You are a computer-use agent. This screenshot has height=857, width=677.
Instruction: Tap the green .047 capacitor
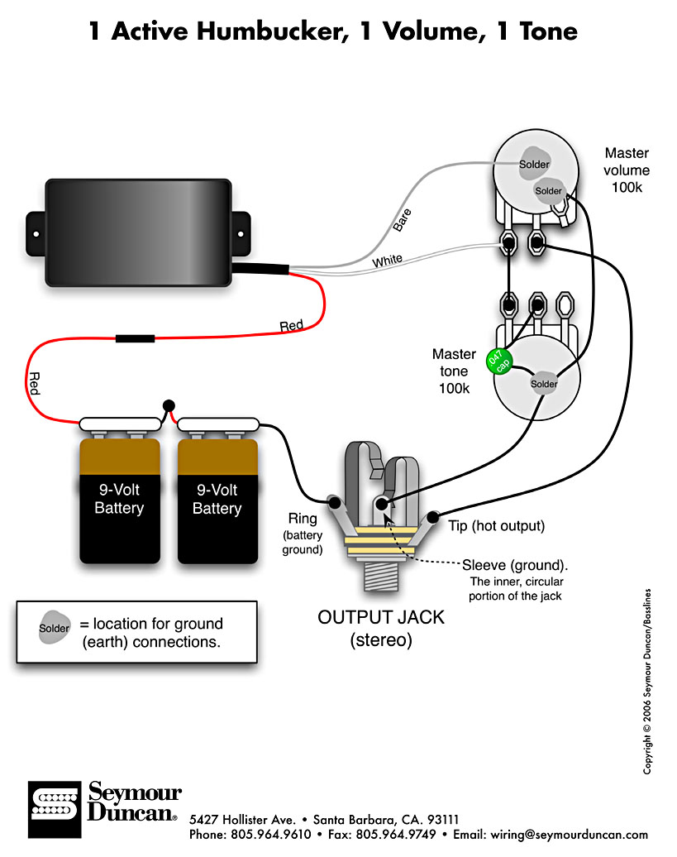[499, 361]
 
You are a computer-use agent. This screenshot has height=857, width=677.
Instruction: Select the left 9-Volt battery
[119, 499]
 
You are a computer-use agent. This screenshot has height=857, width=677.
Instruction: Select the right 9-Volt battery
[217, 499]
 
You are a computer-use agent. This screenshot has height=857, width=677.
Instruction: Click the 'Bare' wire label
[402, 218]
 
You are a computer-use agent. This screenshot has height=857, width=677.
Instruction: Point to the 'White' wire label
[388, 261]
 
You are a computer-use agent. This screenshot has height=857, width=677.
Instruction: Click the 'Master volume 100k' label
[627, 170]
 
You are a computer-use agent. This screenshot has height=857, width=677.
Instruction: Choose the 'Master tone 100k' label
[454, 371]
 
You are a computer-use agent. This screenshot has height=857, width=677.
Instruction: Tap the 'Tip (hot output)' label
[496, 525]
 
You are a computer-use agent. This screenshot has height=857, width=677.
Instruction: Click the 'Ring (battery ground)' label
[302, 534]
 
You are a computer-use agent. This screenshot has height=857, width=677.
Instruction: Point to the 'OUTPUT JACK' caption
[382, 617]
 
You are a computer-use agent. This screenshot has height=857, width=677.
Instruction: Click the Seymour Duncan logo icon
[54, 802]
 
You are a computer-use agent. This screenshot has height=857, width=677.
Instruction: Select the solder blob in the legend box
[55, 629]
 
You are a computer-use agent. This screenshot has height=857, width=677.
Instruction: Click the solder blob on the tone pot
[544, 384]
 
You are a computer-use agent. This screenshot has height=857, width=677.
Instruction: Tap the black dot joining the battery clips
[169, 405]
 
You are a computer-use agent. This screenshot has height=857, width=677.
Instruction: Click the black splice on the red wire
[135, 338]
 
